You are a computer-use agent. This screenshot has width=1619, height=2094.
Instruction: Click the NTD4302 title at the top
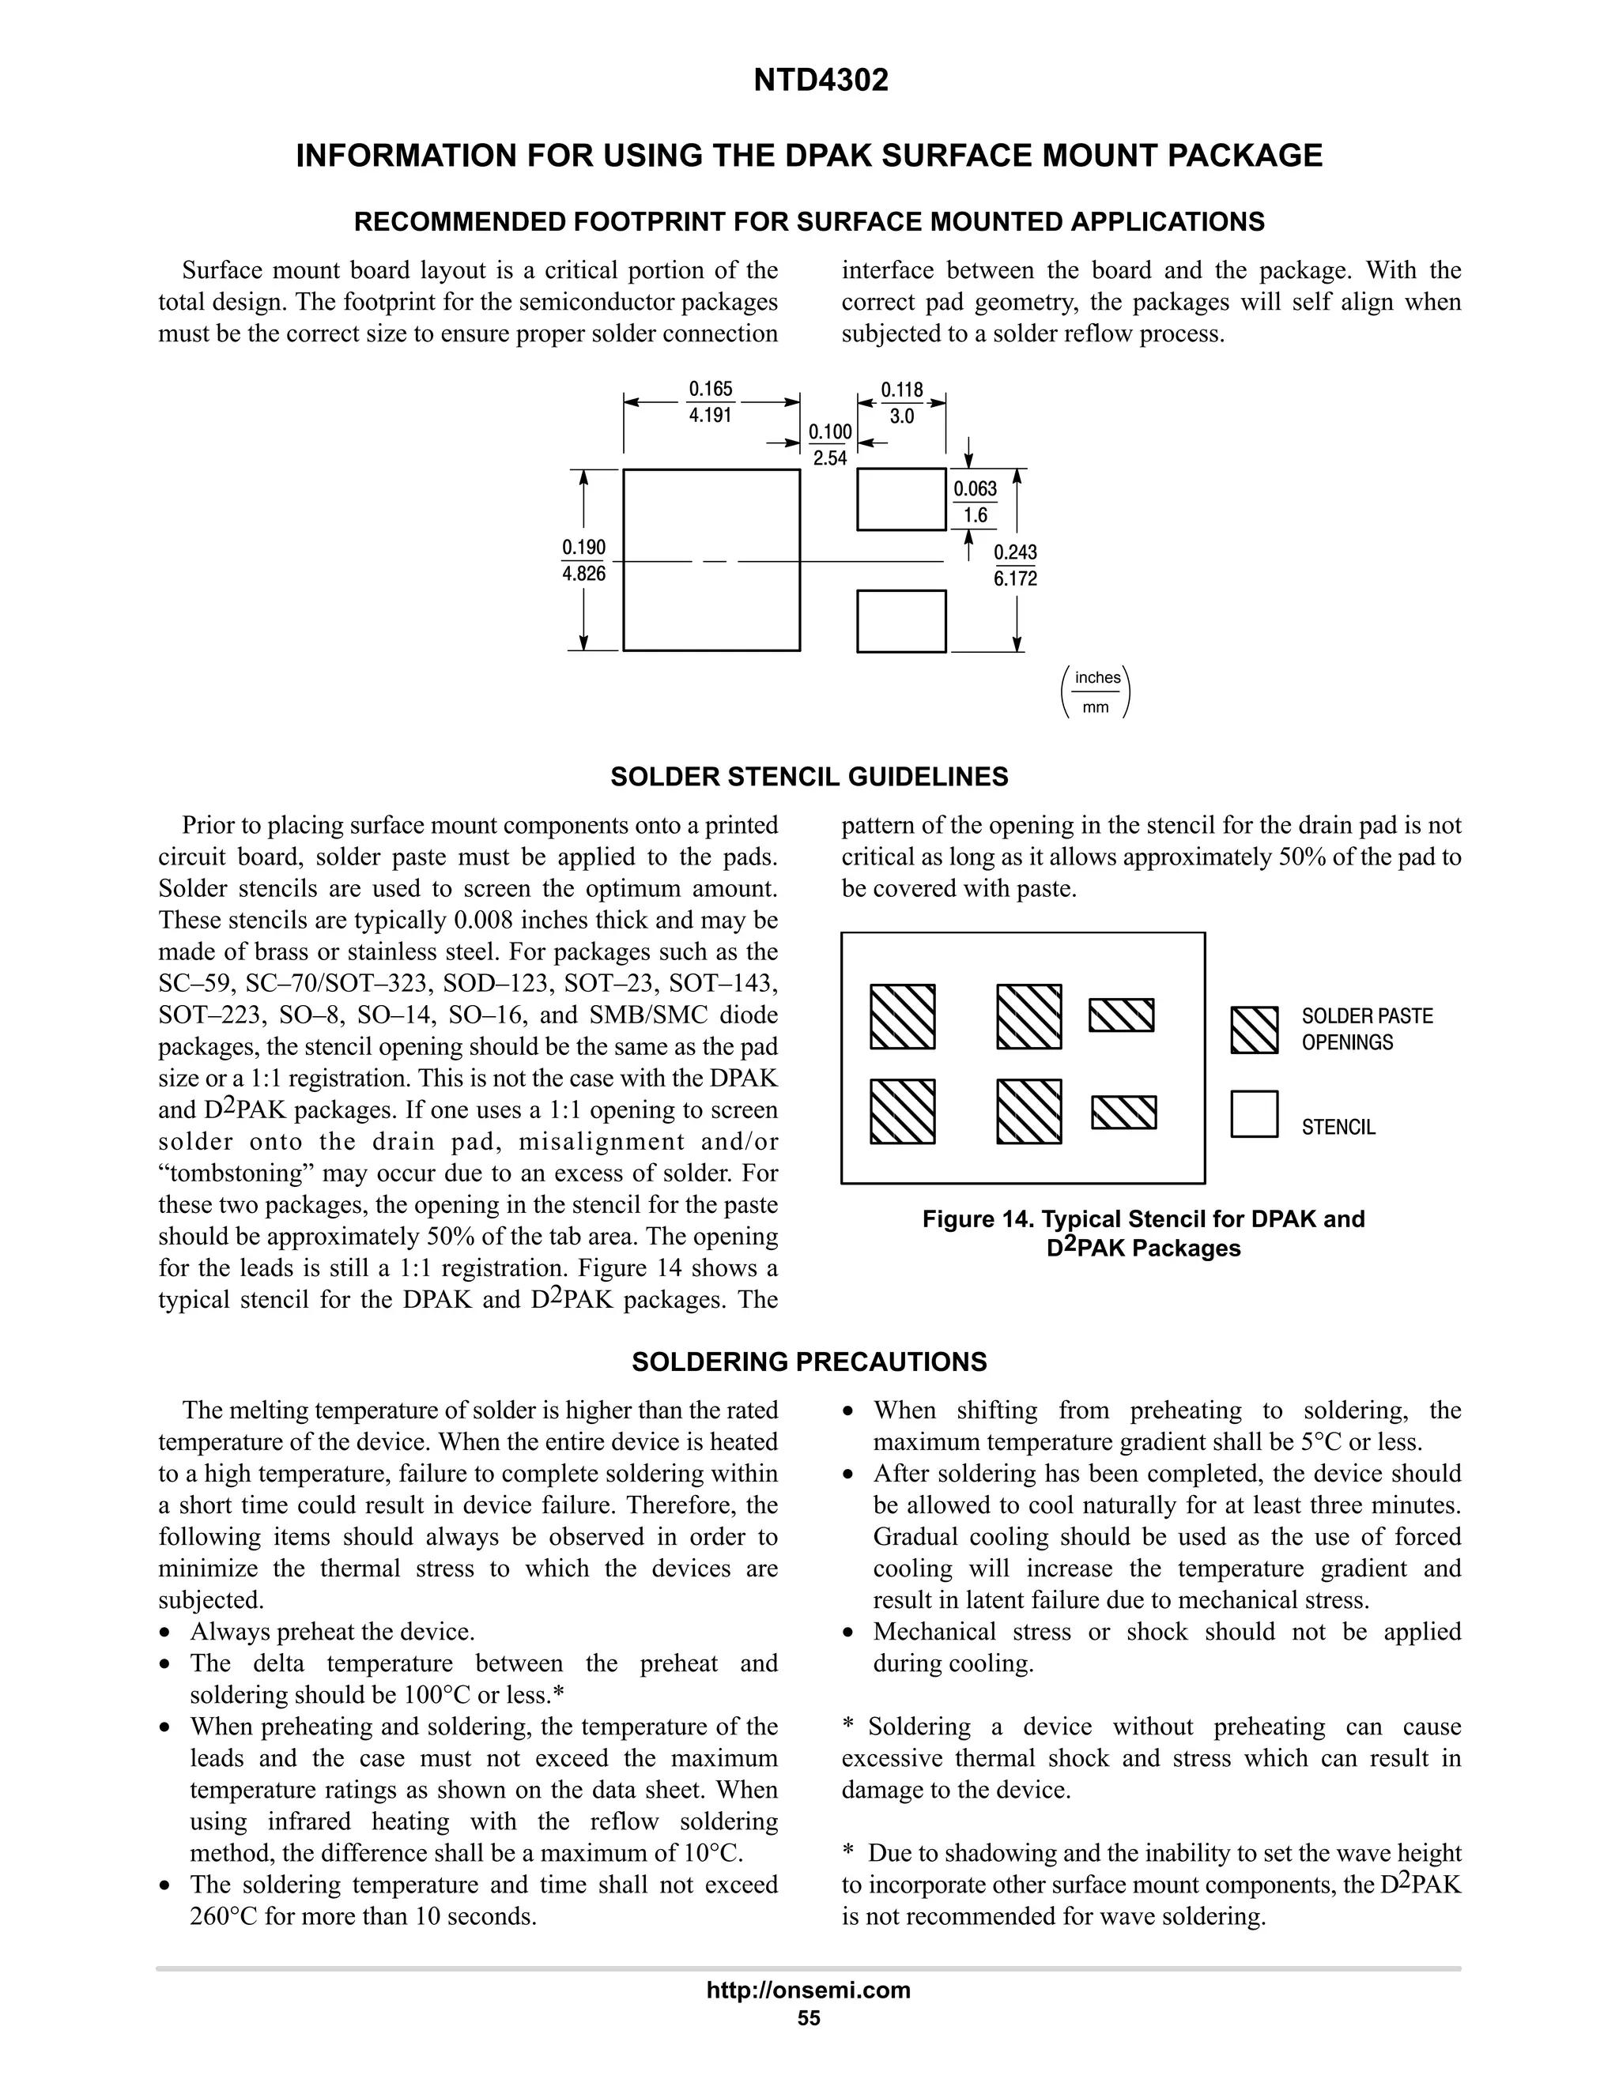821,81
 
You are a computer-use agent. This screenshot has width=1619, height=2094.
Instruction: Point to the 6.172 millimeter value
1016,579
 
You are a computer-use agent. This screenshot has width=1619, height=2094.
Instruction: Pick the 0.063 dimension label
976,489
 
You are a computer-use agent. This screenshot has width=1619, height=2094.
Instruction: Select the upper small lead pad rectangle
901,499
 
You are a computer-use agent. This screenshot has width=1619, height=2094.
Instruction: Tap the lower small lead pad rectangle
901,621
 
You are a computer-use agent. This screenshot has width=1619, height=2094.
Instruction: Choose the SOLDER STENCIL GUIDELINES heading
809,777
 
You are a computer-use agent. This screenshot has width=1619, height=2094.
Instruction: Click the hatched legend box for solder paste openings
1255,1030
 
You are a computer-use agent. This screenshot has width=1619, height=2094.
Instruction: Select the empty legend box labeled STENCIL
1255,1114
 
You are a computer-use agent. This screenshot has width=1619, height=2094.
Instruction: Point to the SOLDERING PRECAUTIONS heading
809,1361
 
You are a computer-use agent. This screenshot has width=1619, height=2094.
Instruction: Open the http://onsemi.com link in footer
809,1990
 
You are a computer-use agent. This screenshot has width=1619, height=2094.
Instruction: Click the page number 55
809,2017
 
